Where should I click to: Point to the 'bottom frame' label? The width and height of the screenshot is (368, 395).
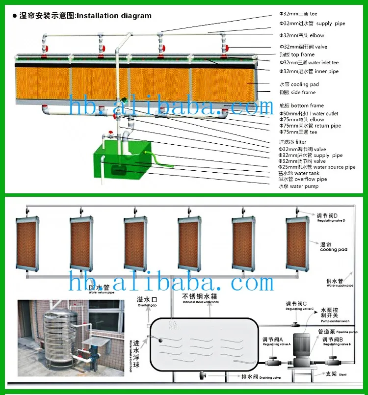tap(301, 105)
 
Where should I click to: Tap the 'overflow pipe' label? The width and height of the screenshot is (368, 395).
tap(303, 179)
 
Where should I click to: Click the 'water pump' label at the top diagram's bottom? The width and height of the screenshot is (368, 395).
tap(298, 186)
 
